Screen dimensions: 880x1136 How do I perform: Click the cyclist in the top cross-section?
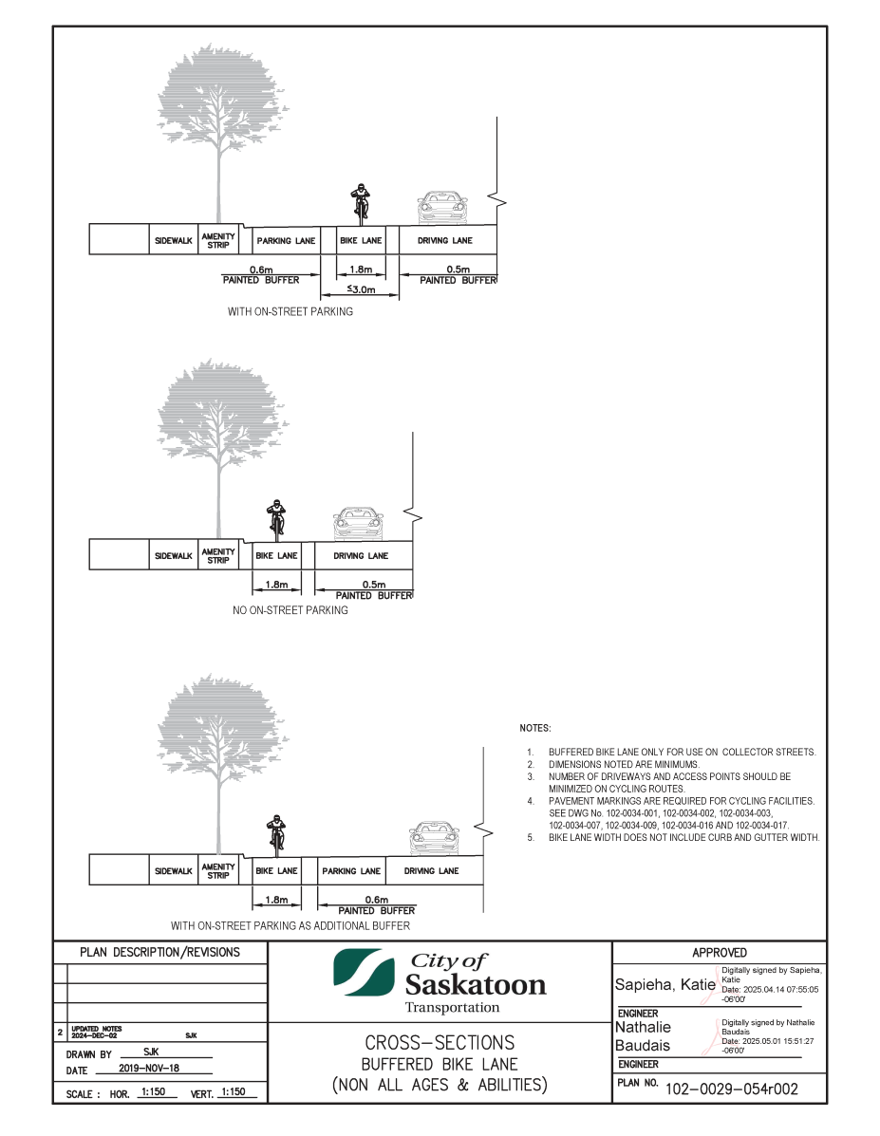click(360, 204)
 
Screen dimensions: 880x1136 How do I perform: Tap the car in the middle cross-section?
click(357, 523)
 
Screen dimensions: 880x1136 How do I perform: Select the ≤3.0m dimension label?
click(361, 289)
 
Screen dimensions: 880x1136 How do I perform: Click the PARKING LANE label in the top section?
click(287, 240)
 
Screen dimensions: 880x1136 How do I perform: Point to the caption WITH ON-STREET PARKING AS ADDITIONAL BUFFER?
click(290, 926)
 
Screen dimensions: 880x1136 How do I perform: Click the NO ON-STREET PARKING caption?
click(290, 611)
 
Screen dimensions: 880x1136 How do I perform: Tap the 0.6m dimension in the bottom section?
click(376, 900)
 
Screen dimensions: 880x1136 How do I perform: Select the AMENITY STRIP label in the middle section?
click(218, 556)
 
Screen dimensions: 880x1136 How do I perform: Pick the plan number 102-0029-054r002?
click(731, 1089)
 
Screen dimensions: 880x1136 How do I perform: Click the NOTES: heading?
click(535, 728)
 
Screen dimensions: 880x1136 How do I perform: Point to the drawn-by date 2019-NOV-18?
click(149, 1068)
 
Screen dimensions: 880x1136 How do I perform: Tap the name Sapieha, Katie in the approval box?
click(665, 984)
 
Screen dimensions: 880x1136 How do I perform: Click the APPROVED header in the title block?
click(719, 953)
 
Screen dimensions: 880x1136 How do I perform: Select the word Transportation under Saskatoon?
click(452, 1008)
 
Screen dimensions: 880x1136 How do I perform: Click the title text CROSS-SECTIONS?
click(440, 1043)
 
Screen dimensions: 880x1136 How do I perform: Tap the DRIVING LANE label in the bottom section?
click(431, 871)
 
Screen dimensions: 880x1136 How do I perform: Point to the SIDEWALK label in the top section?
click(173, 240)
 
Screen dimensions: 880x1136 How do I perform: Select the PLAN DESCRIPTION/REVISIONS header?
click(159, 953)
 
